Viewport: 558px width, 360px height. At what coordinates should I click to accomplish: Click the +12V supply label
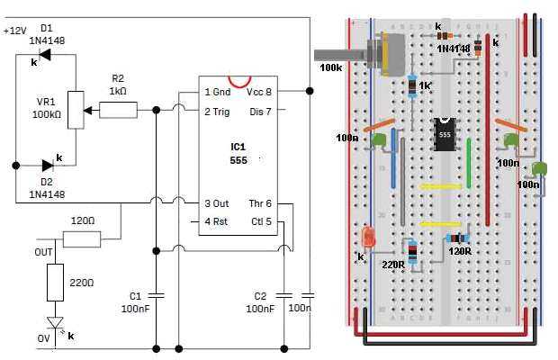point(15,31)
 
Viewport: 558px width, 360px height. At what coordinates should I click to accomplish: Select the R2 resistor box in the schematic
point(118,111)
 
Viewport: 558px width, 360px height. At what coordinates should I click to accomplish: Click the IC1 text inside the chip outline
point(237,145)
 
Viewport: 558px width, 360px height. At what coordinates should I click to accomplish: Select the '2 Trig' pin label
point(221,112)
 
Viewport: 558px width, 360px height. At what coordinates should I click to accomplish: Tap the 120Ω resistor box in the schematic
point(82,238)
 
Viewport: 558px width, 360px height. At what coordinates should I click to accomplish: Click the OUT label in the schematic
point(43,251)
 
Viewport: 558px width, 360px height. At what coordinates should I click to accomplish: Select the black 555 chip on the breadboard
point(444,135)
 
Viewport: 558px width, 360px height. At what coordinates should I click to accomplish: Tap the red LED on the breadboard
point(367,238)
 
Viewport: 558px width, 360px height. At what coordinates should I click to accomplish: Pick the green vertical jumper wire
point(469,163)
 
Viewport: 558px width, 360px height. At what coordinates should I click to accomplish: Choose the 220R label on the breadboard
point(393,265)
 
